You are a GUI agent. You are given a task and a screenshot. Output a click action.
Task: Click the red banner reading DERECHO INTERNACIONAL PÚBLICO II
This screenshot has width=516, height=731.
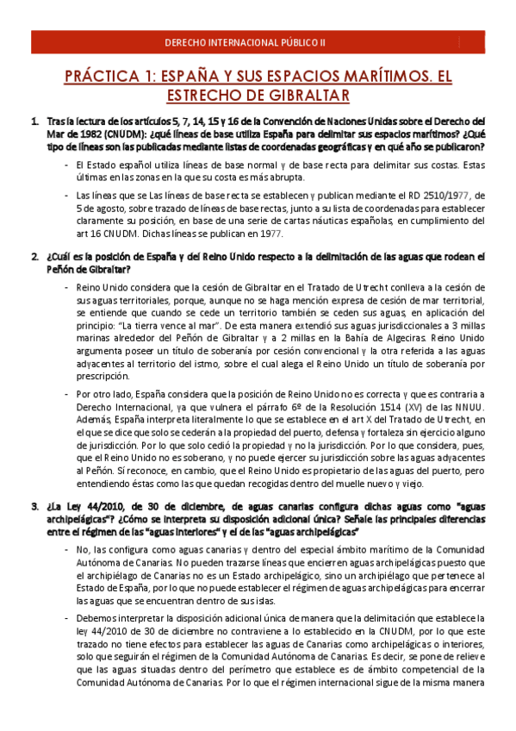tap(258, 41)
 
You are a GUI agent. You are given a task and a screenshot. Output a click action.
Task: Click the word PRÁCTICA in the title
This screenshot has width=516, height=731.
tap(104, 77)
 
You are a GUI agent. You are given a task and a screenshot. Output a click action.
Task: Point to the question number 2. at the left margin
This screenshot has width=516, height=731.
tap(34, 257)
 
